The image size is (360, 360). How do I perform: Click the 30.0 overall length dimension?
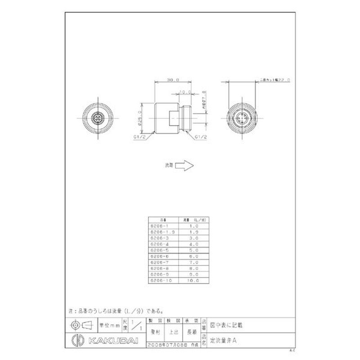click(172, 80)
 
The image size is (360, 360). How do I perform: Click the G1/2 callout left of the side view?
click(138, 137)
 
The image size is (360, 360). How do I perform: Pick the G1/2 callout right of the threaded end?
click(201, 137)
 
